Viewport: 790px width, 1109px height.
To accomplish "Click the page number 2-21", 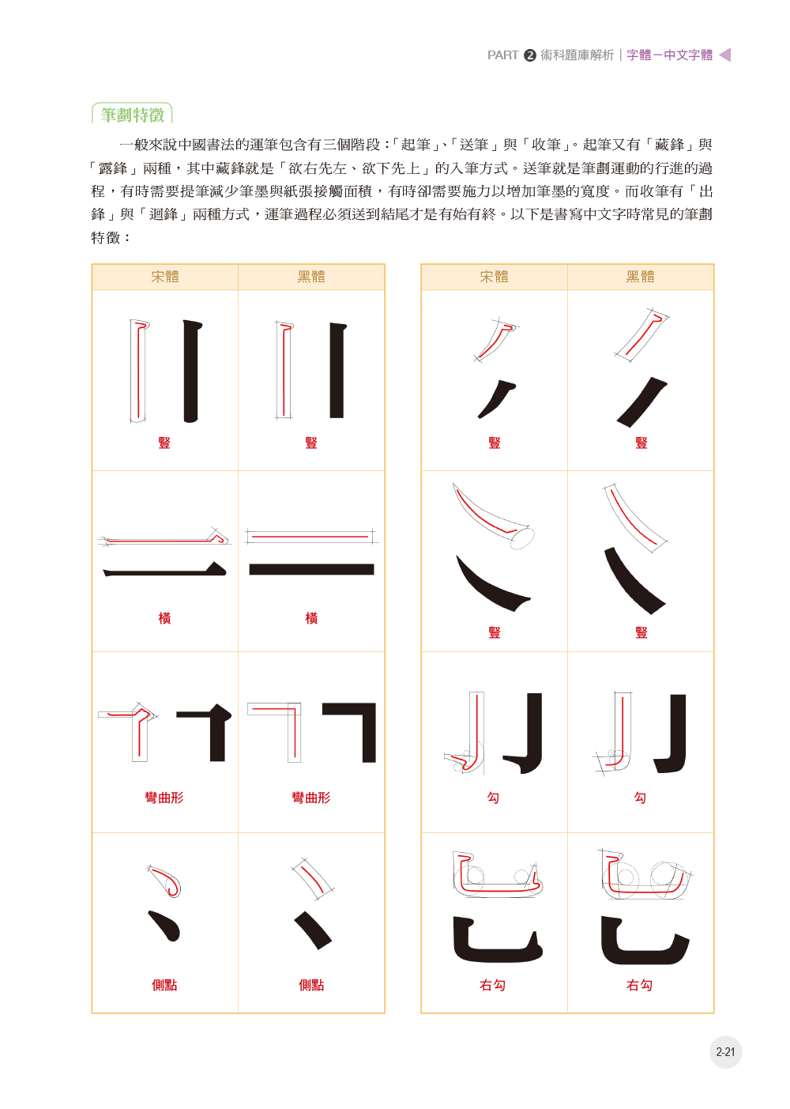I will [x=725, y=1052].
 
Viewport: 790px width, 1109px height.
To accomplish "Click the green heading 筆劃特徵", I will [x=132, y=115].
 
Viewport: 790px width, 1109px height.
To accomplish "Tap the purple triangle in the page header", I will [x=725, y=55].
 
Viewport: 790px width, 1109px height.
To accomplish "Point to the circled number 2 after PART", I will [x=530, y=55].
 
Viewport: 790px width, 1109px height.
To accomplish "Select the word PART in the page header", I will [x=502, y=55].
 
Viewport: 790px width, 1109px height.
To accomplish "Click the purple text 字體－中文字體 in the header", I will [x=669, y=55].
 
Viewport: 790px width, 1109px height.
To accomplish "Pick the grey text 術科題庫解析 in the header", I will [x=577, y=55].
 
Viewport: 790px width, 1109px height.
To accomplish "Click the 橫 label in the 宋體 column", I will [x=164, y=618].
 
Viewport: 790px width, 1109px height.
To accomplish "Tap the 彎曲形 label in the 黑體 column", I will [x=311, y=798].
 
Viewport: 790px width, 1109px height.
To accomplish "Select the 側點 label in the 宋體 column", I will [x=164, y=985].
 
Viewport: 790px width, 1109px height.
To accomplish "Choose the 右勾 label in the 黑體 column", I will [x=639, y=985].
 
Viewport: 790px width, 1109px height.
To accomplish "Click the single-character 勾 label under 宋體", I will [x=493, y=798].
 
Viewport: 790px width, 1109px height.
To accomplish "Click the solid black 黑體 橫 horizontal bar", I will [x=311, y=569].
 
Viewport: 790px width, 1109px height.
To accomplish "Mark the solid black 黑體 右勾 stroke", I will [x=640, y=945].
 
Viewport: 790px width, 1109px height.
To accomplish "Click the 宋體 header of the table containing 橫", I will [x=165, y=277].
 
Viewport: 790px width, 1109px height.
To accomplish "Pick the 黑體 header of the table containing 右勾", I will [x=641, y=277].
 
